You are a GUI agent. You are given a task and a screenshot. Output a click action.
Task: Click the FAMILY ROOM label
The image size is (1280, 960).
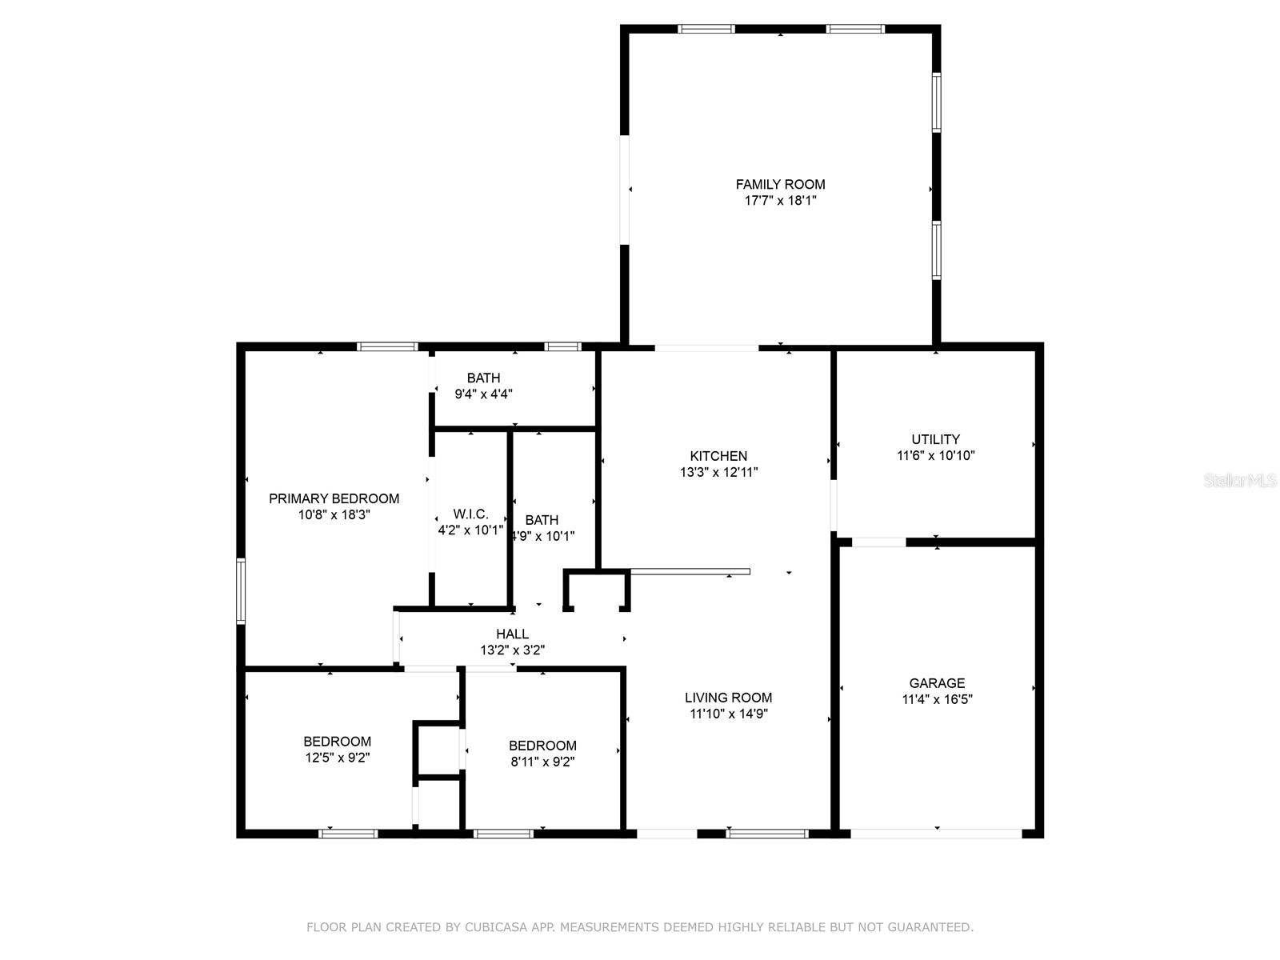[x=780, y=184]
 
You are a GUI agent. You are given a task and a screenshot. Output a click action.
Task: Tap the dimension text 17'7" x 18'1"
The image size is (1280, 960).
[x=780, y=201]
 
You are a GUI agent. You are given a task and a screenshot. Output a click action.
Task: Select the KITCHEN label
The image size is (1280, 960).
[x=718, y=456]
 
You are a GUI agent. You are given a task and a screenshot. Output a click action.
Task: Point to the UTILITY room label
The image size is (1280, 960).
[x=935, y=439]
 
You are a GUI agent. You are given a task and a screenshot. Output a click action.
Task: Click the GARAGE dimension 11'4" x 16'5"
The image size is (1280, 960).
[x=937, y=699]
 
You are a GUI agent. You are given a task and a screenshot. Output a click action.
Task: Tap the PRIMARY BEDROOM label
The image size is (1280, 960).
[x=334, y=498]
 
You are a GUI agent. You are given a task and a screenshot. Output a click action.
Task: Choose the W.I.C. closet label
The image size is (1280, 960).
[x=470, y=514]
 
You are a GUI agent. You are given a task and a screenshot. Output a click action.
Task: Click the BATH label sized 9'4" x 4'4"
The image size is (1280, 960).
[x=483, y=378]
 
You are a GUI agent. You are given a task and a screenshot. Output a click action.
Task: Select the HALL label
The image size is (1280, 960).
[x=512, y=634]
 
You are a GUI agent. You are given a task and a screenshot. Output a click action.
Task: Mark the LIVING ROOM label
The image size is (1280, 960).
[x=728, y=698]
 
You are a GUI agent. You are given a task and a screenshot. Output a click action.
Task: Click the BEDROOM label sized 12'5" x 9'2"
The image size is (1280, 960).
[x=337, y=742]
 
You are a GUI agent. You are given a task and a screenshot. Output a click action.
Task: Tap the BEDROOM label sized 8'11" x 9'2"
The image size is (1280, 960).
[x=542, y=746]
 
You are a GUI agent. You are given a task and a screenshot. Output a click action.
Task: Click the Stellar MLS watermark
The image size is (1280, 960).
[x=1239, y=481]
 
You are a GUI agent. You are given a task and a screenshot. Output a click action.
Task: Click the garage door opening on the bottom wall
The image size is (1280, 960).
[x=936, y=834]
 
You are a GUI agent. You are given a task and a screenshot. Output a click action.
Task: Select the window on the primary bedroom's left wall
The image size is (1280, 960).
[x=240, y=591]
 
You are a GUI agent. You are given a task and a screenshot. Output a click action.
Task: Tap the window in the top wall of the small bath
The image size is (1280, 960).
[x=562, y=346]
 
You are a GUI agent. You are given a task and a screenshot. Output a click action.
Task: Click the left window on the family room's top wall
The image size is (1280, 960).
[x=706, y=30]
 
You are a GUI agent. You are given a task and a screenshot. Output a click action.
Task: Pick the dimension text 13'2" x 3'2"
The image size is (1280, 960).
[x=512, y=650]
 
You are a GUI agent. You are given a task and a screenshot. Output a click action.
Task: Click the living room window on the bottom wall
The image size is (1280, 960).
[x=767, y=834]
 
